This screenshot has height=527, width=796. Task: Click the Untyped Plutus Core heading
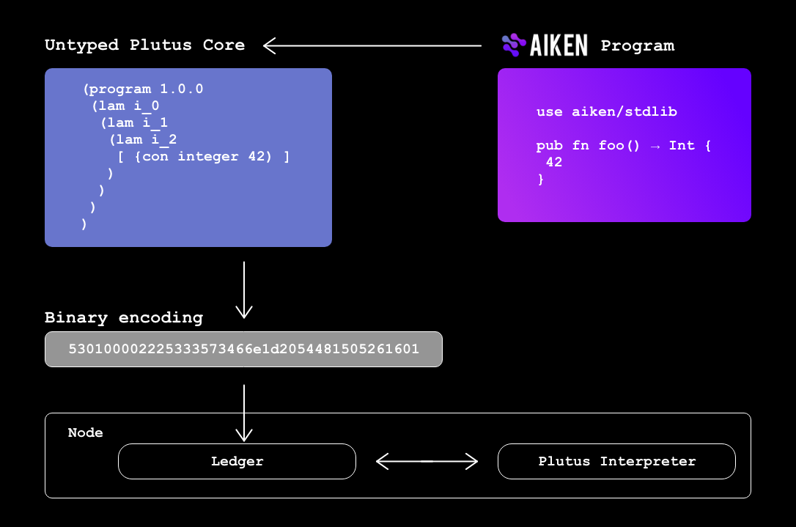click(144, 45)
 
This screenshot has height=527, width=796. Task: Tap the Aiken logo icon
click(514, 45)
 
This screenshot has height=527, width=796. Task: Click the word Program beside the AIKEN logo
click(637, 46)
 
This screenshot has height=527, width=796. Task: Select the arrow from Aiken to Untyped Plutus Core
click(372, 46)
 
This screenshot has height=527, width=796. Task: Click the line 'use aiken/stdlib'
click(606, 112)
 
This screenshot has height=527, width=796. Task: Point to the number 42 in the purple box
click(554, 163)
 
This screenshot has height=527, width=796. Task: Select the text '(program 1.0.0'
click(143, 89)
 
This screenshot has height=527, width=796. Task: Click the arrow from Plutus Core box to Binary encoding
click(244, 290)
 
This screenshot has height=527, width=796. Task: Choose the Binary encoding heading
click(123, 318)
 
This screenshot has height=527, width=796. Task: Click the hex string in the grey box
click(243, 350)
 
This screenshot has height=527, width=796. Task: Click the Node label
click(85, 433)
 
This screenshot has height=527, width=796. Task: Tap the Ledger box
click(237, 462)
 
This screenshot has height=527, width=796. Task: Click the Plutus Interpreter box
click(616, 462)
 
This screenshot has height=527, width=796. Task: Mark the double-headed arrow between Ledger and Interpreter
click(427, 462)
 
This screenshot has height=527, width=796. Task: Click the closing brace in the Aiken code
click(540, 179)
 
